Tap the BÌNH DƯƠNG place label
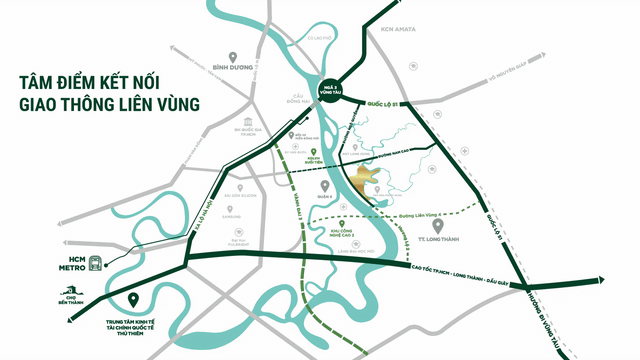point(233,70)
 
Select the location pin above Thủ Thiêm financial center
point(134,298)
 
